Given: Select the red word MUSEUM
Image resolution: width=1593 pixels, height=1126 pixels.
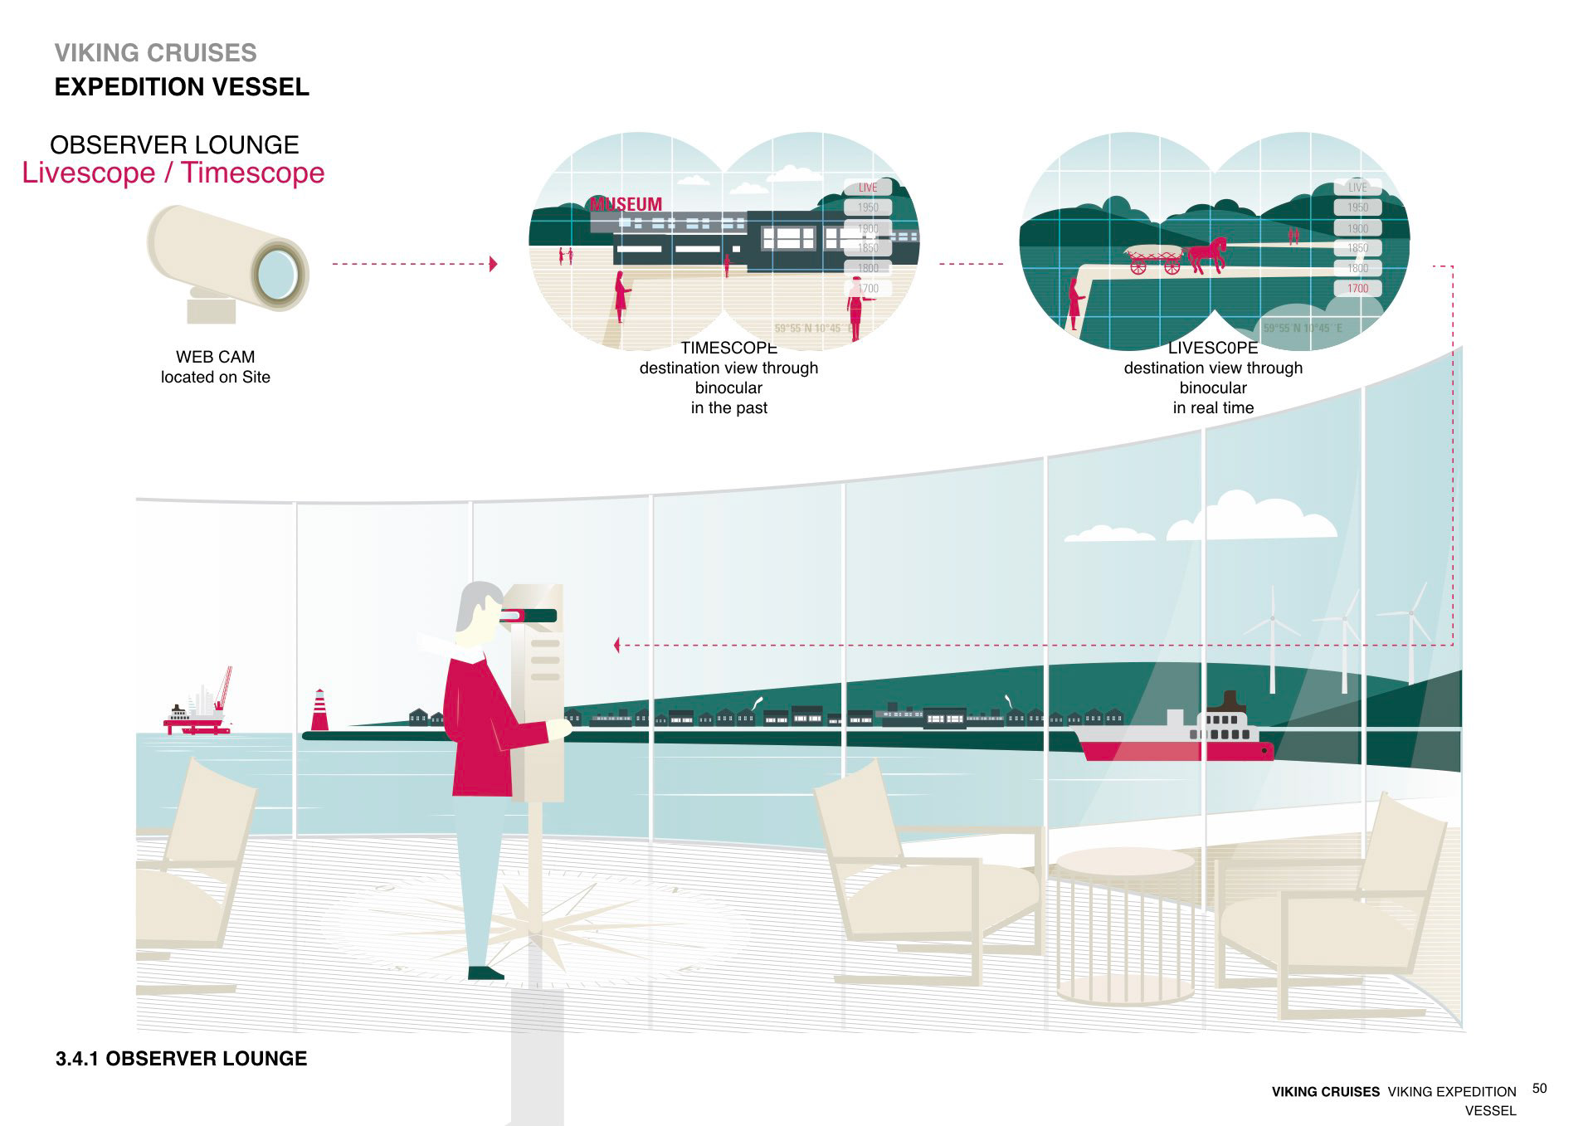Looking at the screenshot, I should [x=626, y=204].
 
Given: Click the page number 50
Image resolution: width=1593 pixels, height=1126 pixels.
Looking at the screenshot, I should [x=1540, y=1088].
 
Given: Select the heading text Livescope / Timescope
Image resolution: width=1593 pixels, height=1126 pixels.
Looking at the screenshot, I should [x=173, y=173].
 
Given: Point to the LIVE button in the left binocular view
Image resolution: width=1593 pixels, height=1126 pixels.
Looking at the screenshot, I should [x=868, y=188].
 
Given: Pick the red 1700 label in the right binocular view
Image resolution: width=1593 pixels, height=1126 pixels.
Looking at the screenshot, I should [x=1357, y=288].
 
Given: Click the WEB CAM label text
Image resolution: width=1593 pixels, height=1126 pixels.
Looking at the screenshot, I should [x=215, y=357].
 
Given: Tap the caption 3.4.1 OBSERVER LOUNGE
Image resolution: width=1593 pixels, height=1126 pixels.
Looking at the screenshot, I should [x=182, y=1058].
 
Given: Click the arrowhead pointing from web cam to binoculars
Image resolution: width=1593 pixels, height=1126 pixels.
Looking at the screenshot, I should [x=493, y=264].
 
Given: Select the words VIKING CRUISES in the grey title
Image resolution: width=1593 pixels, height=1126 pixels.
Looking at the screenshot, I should [x=156, y=53].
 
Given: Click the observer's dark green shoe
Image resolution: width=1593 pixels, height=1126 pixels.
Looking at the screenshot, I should [x=485, y=972].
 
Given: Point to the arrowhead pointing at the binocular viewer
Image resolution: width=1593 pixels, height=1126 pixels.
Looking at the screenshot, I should [x=616, y=645].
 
